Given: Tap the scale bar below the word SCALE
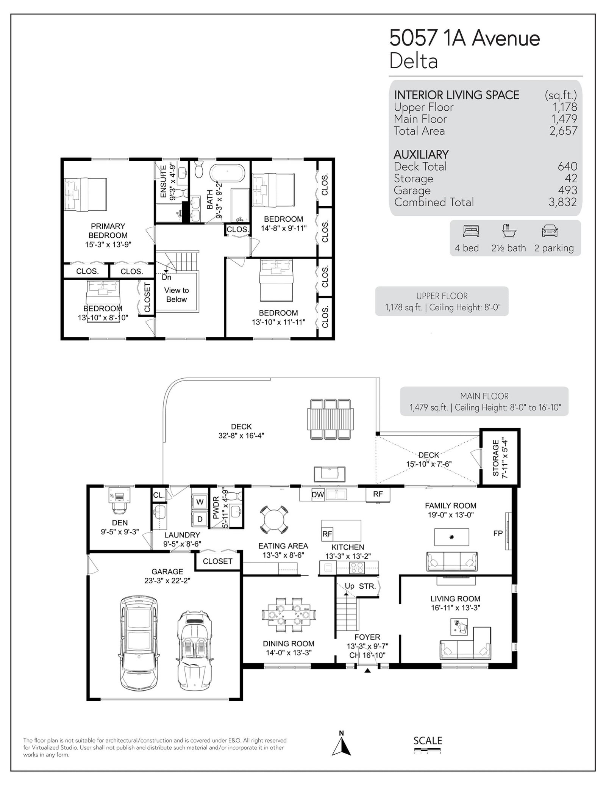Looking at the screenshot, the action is coord(427,750).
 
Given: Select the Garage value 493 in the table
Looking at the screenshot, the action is coord(567,190).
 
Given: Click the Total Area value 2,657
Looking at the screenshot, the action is coord(564,131).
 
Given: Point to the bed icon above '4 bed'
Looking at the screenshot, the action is coord(471,231).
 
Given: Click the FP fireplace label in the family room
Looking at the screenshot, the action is coord(498,533).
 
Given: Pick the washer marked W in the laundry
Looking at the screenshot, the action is coord(200,502).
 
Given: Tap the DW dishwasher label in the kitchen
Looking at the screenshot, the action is coord(318,495).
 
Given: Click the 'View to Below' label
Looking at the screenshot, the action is coord(176,295).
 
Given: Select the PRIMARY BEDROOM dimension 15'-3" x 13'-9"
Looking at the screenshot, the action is coord(108,244).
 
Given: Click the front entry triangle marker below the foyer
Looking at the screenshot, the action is coord(367,671).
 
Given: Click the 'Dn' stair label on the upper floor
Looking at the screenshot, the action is coord(166,277).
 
